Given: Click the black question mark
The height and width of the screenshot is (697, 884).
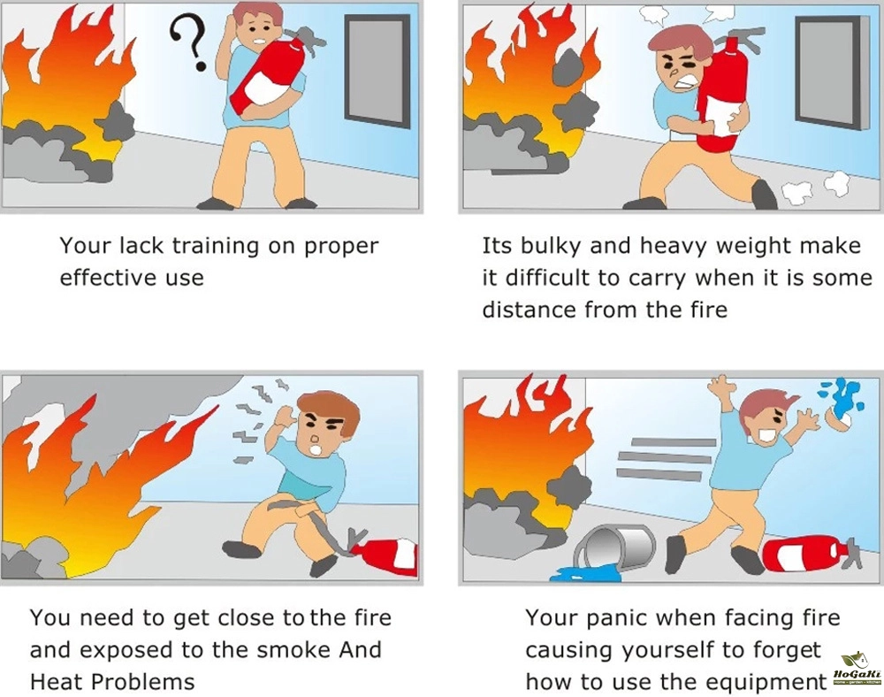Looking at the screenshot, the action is pyautogui.click(x=190, y=42).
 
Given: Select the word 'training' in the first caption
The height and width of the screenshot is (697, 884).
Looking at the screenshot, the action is pyautogui.click(x=215, y=247).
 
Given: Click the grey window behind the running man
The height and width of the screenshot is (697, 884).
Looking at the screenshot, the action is pyautogui.click(x=828, y=73).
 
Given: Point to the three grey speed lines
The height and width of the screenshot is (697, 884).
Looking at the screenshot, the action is pyautogui.click(x=666, y=458).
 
